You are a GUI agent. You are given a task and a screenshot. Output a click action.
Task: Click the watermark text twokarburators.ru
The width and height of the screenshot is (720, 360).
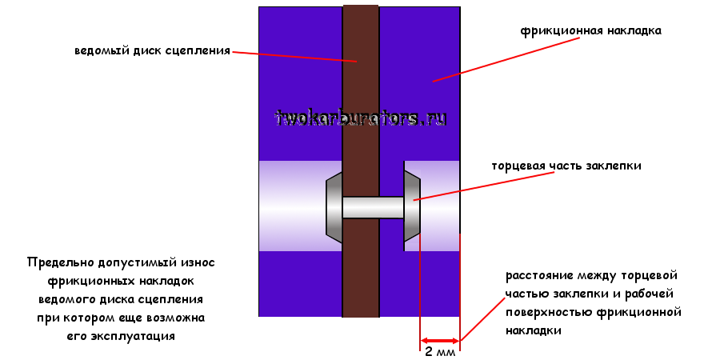pos(361,118)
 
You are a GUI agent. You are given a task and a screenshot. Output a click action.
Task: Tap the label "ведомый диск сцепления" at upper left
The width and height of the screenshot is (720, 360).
pos(152,50)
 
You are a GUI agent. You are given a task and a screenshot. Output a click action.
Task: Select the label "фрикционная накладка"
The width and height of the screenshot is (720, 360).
pos(590,32)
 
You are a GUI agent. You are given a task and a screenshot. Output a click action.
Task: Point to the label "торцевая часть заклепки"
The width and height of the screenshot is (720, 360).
pos(566,166)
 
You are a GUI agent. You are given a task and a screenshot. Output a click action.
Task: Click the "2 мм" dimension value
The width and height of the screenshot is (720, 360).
pos(439,352)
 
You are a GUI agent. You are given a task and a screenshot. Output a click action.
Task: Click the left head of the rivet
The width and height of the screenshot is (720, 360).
pos(334,207)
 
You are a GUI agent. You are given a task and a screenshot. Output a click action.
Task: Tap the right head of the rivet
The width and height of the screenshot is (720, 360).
pos(412,206)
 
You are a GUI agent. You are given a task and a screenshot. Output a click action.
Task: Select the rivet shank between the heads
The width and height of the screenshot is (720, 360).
pos(373,208)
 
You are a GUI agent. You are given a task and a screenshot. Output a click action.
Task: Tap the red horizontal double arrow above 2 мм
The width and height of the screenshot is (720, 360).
pos(440,339)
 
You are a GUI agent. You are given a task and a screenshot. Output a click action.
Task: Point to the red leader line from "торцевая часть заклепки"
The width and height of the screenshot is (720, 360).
pos(456,189)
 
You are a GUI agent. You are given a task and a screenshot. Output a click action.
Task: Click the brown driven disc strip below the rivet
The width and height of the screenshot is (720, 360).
pos(361,280)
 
